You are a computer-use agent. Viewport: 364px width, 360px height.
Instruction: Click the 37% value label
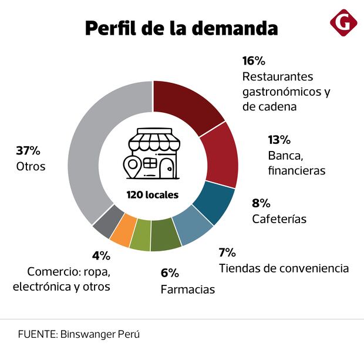pyautogui.click(x=28, y=151)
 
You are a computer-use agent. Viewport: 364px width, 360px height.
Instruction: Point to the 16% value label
pyautogui.click(x=254, y=60)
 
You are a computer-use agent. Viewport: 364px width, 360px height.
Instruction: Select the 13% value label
pyautogui.click(x=279, y=140)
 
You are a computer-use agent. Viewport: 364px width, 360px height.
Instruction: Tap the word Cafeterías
pyautogui.click(x=279, y=219)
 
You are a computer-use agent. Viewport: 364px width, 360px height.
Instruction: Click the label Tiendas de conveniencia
pyautogui.click(x=284, y=268)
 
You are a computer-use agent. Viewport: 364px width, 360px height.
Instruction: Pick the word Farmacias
pyautogui.click(x=187, y=289)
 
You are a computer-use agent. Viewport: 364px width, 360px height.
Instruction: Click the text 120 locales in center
pyautogui.click(x=152, y=194)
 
